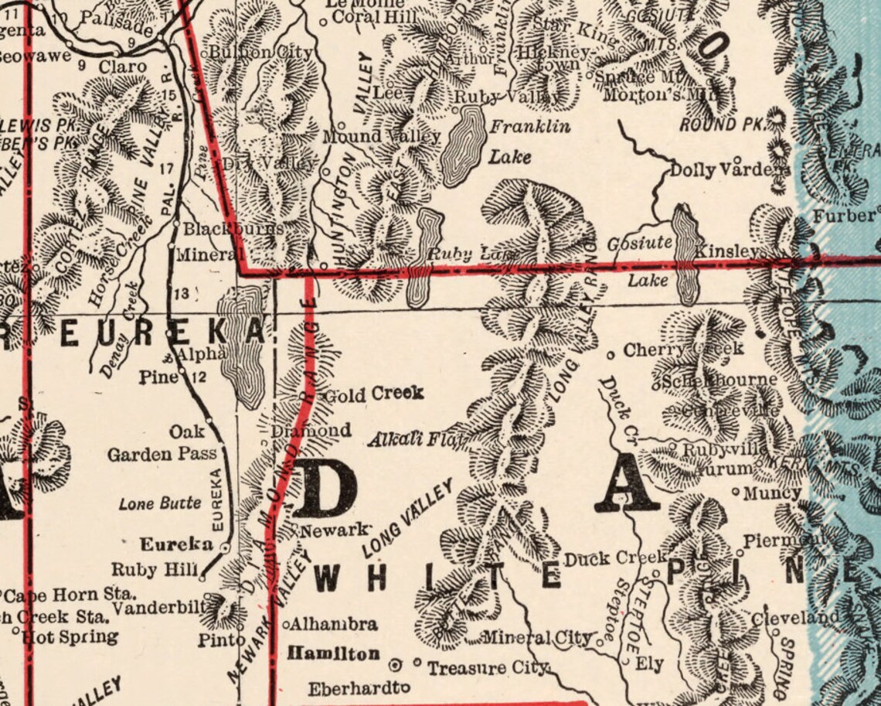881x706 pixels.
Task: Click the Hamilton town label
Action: click(333, 654)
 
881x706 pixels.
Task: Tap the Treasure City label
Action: click(487, 667)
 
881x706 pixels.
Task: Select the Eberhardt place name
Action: click(355, 688)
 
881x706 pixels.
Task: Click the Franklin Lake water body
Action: click(464, 146)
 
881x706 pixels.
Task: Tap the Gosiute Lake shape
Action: click(685, 256)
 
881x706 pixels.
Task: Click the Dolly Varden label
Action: click(730, 170)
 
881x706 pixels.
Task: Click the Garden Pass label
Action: click(162, 454)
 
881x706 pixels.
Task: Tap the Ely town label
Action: click(649, 663)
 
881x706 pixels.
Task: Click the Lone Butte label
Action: click(160, 503)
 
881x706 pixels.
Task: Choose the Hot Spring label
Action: click(70, 637)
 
